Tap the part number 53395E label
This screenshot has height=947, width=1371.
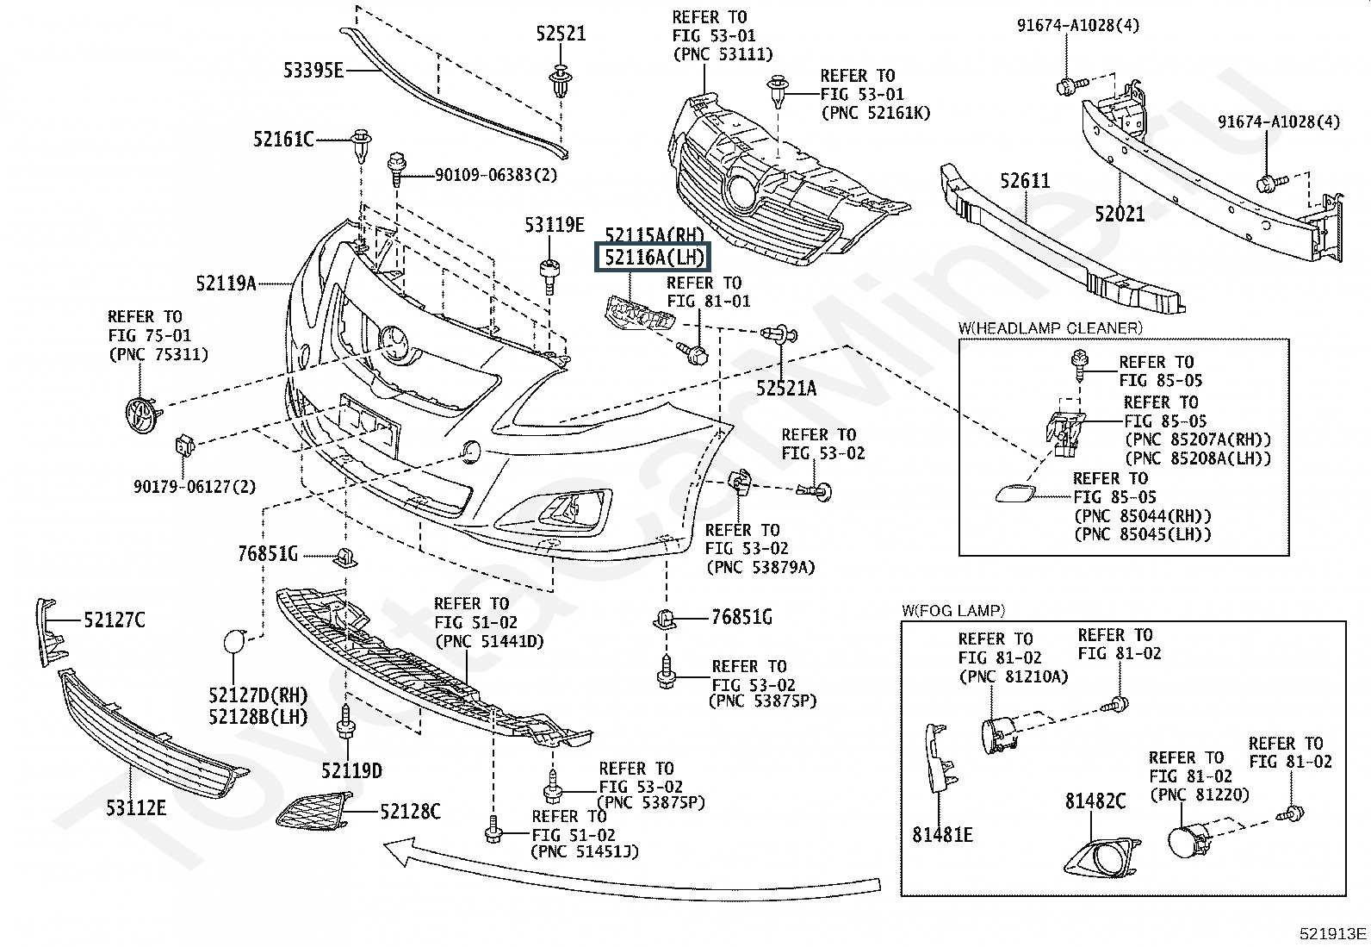click(x=313, y=70)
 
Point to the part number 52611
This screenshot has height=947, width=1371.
click(x=1025, y=182)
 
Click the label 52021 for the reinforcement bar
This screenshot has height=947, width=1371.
click(x=1120, y=213)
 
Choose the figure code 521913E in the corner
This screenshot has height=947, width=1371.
click(x=1333, y=933)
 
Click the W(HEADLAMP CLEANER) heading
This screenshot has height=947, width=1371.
click(x=1050, y=327)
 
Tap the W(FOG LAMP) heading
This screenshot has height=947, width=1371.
click(x=953, y=611)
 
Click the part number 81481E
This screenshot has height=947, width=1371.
click(x=943, y=834)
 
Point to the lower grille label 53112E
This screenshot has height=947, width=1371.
click(x=136, y=807)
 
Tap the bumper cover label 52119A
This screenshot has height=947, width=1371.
click(x=226, y=283)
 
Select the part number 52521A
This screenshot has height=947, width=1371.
click(x=786, y=388)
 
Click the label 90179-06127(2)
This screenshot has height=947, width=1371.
click(x=195, y=487)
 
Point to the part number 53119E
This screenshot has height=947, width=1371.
click(x=555, y=226)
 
